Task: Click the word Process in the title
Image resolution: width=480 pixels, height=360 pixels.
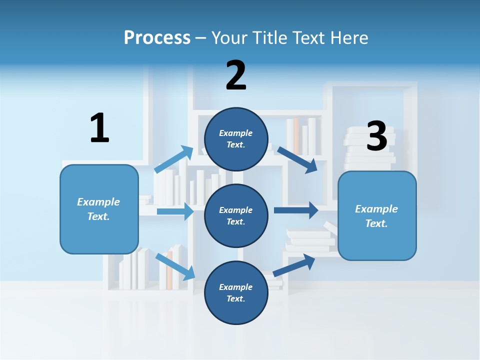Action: (157, 37)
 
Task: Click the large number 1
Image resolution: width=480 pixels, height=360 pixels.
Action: (99, 128)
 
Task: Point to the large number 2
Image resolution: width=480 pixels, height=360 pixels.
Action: (236, 75)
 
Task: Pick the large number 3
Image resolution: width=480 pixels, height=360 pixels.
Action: (376, 136)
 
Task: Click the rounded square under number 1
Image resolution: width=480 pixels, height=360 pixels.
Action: (99, 209)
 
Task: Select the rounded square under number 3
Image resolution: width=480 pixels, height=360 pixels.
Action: (377, 215)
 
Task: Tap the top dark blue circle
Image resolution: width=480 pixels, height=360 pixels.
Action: (236, 139)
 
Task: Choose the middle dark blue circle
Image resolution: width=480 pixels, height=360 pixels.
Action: (236, 215)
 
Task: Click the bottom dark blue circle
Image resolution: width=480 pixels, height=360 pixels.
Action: (236, 292)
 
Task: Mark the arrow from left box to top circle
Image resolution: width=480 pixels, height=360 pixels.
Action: (173, 159)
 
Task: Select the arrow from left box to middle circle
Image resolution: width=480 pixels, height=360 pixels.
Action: (175, 211)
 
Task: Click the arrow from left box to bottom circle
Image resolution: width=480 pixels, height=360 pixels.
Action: (175, 266)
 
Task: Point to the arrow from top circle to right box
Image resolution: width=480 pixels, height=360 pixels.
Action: (297, 159)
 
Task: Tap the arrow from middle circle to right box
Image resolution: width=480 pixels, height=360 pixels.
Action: (296, 210)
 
